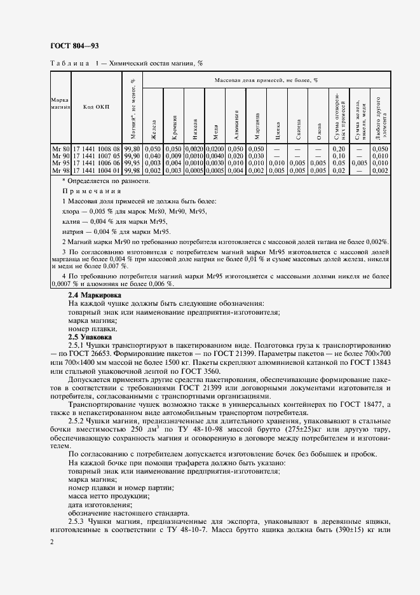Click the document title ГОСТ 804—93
pyautogui.click(x=74, y=46)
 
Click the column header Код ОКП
pyautogui.click(x=97, y=106)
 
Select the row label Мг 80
pyautogui.click(x=60, y=148)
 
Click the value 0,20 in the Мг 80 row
pyautogui.click(x=339, y=148)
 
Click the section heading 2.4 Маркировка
pyautogui.click(x=96, y=296)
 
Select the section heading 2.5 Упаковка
pyautogui.click(x=90, y=336)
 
